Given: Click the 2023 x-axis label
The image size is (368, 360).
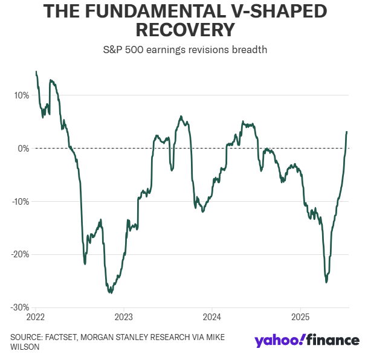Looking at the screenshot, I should click(124, 317).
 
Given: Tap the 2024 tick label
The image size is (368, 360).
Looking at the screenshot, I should click(212, 317).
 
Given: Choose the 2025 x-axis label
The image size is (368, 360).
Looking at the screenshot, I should click(301, 317).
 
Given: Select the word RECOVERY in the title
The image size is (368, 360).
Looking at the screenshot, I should click(185, 30).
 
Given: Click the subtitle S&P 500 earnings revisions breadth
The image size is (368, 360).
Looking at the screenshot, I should click(184, 50).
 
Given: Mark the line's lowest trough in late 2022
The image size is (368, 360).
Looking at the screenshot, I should click(110, 292).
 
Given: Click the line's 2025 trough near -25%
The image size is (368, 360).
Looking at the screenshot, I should click(326, 281).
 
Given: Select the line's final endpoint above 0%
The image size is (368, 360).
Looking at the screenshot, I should click(347, 132).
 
